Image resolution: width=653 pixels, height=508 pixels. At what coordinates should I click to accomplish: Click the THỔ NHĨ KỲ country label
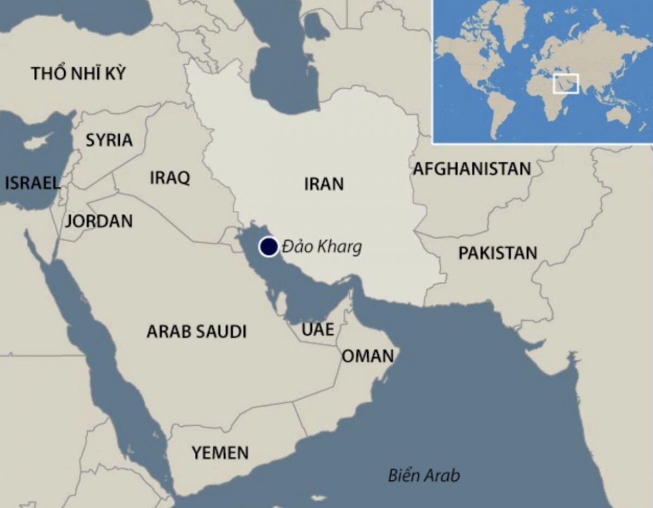(78, 73)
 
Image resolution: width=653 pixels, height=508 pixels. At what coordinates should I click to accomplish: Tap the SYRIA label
(109, 140)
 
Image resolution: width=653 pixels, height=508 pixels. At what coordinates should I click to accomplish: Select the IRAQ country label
(170, 178)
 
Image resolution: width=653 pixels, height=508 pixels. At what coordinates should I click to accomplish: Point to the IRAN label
(324, 184)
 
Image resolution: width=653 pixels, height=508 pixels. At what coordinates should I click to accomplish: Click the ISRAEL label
(32, 183)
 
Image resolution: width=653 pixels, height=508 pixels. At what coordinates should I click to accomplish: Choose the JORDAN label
(98, 221)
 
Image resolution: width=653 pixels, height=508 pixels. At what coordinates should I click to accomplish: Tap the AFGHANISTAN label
(471, 169)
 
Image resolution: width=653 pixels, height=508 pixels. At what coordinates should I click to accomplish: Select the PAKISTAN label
(497, 253)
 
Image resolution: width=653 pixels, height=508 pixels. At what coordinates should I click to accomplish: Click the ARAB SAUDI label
(196, 331)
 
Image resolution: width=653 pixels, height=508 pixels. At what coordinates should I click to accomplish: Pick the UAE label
(318, 330)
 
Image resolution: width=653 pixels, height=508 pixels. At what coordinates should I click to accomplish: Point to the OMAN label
(367, 356)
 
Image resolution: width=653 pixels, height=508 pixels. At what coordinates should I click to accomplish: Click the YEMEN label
(220, 452)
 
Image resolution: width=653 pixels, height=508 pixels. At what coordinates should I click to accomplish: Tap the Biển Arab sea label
(423, 475)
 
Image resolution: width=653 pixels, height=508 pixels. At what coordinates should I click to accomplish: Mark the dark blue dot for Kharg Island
(268, 247)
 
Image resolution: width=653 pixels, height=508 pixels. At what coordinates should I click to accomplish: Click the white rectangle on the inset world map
(566, 83)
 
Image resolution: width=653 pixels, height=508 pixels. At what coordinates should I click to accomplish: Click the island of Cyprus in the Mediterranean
(38, 142)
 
